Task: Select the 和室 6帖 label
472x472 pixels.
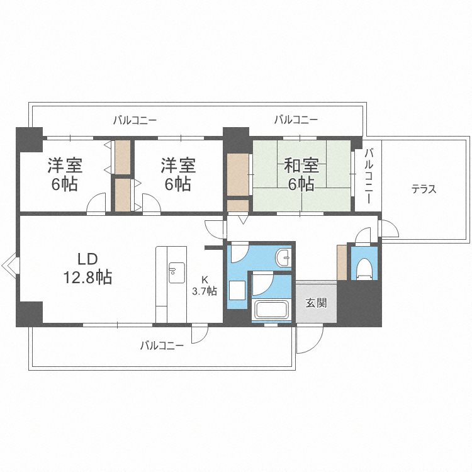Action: [301, 175]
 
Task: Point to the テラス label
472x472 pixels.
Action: [424, 189]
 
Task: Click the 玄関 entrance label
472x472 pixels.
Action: [316, 303]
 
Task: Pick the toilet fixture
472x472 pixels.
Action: [363, 268]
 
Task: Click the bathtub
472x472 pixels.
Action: [271, 310]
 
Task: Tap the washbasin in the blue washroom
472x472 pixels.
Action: [285, 257]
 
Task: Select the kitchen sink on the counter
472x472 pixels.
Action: [174, 271]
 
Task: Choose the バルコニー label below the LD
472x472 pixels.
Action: [162, 345]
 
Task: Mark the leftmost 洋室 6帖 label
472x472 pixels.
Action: [65, 175]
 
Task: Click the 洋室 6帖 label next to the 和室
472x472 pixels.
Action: [178, 175]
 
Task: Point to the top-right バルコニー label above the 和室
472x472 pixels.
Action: [296, 119]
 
